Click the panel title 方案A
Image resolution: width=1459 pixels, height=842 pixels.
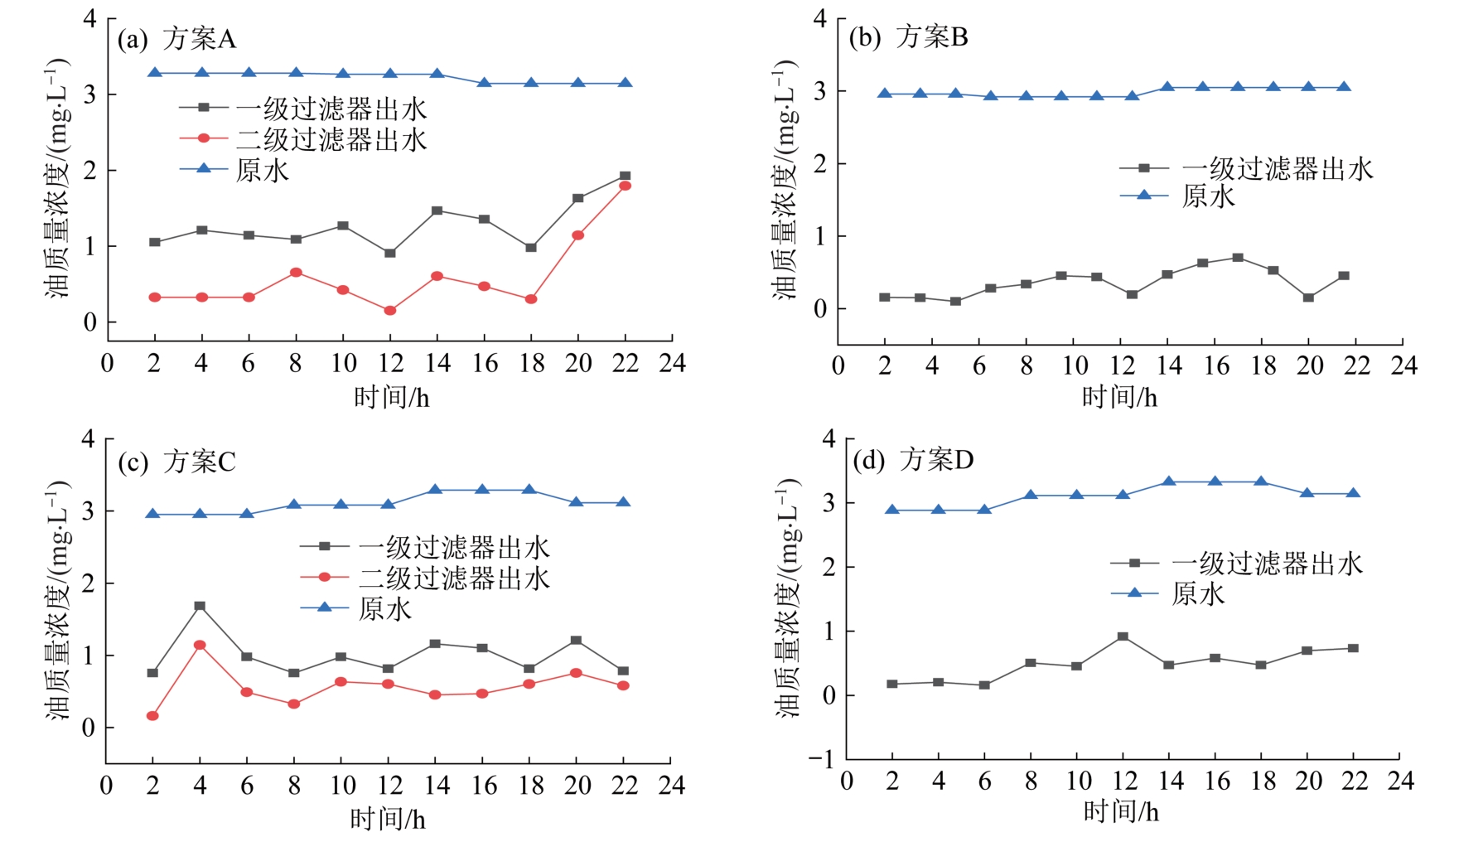199,38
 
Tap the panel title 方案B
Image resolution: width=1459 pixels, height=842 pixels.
931,36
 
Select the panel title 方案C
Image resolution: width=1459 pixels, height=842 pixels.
199,461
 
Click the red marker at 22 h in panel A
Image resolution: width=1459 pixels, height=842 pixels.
625,186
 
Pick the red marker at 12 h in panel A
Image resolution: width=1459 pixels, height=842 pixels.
389,311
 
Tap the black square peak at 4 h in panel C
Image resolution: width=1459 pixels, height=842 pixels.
200,606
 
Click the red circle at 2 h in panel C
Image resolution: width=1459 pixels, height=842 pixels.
152,716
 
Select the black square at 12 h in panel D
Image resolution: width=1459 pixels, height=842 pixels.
1123,636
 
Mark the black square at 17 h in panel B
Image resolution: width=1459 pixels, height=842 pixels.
1238,258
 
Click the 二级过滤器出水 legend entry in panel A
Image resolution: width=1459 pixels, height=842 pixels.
331,138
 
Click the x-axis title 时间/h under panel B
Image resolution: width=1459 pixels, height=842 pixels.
1119,397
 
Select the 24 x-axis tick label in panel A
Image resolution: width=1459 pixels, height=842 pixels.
672,363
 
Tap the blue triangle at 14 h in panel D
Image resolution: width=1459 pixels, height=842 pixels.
1168,481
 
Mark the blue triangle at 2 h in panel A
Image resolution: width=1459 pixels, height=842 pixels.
154,73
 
